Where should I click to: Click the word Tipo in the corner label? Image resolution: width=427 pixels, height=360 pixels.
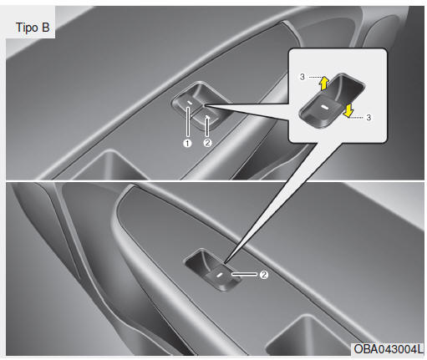coord(27,28)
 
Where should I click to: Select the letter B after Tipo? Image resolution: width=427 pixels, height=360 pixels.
coord(46,28)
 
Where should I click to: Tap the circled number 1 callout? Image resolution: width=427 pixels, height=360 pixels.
coord(187,144)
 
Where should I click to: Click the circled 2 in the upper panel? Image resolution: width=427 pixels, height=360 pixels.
coord(207,143)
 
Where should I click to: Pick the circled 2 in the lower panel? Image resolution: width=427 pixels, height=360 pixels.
coord(264,275)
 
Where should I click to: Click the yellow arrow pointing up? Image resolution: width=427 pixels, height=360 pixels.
coord(323,84)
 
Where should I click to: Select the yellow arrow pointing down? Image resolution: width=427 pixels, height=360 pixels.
coord(348,110)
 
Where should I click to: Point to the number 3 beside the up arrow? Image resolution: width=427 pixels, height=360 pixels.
coord(302,77)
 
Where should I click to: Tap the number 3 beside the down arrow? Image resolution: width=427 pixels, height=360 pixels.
coord(369,118)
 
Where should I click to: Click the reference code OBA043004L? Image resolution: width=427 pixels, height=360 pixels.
coord(389,349)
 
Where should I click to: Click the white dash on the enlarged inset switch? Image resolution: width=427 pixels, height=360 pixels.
coord(325,106)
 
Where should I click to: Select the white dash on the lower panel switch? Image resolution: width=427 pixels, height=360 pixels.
coord(221,275)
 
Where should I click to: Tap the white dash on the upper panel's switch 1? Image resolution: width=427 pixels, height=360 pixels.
coord(190,103)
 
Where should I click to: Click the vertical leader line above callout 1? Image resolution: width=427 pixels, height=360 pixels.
coord(188,122)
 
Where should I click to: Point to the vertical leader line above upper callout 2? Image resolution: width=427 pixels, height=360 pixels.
coord(207,127)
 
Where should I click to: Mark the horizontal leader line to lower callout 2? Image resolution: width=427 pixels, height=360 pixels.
coord(244,274)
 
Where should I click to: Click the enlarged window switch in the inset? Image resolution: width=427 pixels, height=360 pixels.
coord(332,100)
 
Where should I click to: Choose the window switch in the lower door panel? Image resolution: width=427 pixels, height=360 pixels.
coord(213,270)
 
